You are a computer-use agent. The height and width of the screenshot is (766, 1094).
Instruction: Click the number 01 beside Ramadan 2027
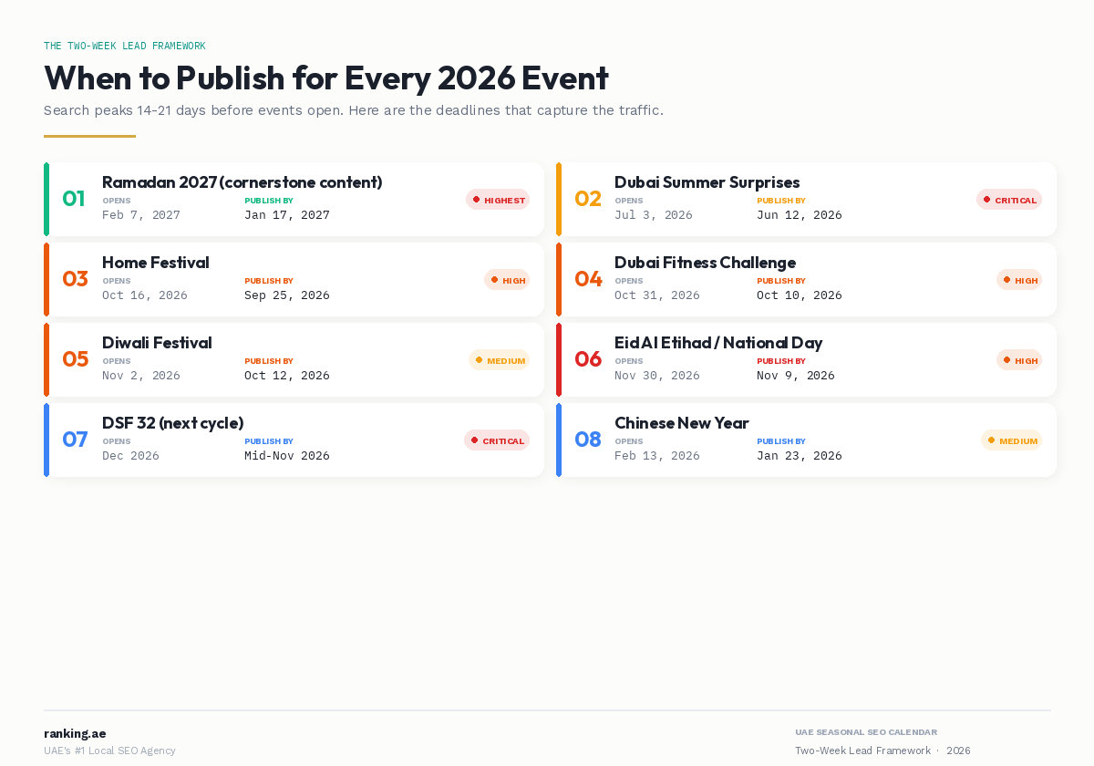[73, 199]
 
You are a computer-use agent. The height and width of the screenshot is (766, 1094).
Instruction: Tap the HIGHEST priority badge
[498, 200]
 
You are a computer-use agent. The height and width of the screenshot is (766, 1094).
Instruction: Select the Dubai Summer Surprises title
[707, 182]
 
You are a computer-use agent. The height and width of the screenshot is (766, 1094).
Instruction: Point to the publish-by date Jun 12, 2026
[799, 215]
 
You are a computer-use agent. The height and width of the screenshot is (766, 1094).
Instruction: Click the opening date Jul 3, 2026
[653, 215]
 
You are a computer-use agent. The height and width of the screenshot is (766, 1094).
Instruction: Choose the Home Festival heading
[155, 263]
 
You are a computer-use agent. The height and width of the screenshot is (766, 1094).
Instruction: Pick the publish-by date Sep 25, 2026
[286, 295]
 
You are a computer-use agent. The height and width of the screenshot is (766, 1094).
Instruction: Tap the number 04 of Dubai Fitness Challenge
[588, 279]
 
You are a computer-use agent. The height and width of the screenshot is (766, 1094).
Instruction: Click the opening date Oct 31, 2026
[656, 295]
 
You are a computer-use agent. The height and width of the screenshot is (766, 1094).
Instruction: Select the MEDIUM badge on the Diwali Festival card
[499, 360]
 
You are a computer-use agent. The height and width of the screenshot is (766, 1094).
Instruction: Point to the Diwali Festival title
[157, 343]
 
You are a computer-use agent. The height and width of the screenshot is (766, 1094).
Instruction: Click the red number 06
[588, 359]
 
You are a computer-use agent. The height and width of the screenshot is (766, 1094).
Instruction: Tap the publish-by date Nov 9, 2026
[795, 376]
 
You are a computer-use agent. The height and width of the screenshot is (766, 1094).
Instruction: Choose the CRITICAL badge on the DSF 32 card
[497, 440]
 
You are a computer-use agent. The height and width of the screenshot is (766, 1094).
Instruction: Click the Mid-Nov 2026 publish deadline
[286, 456]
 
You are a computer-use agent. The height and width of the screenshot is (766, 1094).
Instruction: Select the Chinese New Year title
[681, 423]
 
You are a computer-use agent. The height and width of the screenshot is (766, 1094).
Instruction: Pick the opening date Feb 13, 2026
[656, 456]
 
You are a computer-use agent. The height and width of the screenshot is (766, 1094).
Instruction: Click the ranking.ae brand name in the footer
[75, 733]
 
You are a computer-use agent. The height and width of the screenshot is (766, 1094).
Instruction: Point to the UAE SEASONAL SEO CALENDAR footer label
[865, 732]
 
